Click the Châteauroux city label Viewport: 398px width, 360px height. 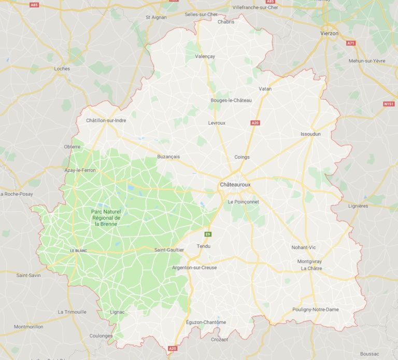tap(236, 185)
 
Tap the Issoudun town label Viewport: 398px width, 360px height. tap(310, 134)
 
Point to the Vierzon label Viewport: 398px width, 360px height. tap(330, 33)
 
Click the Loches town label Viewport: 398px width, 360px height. tap(62, 68)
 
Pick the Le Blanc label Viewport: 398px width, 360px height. tap(78, 251)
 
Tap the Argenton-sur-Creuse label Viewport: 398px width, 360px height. tap(194, 268)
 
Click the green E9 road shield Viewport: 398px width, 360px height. tap(208, 234)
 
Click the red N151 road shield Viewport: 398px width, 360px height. tap(389, 104)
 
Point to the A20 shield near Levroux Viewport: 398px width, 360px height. tap(255, 123)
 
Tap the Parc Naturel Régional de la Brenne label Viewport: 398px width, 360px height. tap(106, 218)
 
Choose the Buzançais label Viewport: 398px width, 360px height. tap(168, 156)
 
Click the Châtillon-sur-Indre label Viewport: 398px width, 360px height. tap(106, 120)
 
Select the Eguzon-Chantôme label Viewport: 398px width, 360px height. tap(206, 322)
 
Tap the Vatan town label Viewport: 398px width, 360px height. tap(265, 89)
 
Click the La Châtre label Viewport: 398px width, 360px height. tap(311, 269)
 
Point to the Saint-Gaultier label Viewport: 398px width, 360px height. tap(169, 250)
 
